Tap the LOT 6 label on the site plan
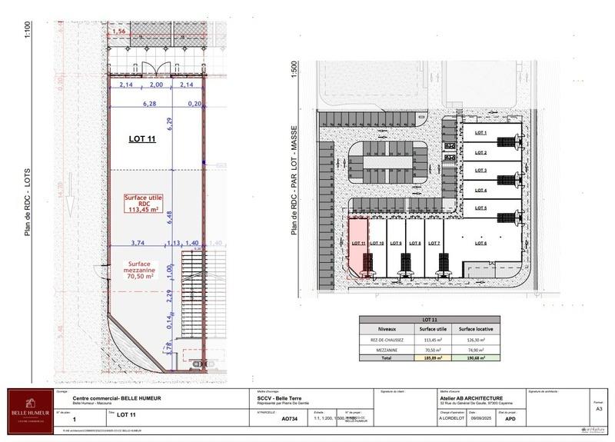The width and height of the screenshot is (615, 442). (481, 243)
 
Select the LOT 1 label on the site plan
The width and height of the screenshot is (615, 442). (481, 133)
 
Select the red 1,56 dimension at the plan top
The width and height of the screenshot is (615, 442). (119, 31)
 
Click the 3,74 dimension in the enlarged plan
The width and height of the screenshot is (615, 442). (138, 242)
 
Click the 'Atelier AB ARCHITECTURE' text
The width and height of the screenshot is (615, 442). (472, 398)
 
